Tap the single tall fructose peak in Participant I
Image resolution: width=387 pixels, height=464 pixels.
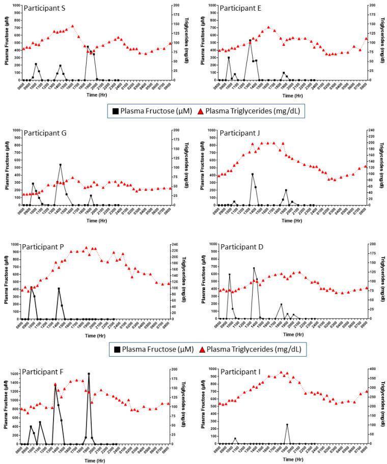tap(287, 425)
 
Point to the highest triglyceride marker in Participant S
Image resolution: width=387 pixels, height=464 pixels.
tap(72, 26)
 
